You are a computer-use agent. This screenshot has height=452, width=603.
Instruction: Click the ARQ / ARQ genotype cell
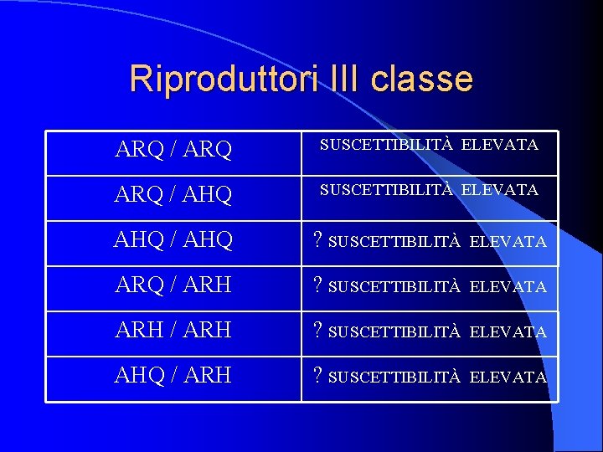[173, 152]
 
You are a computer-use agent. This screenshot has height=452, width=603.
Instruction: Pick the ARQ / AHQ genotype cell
[173, 196]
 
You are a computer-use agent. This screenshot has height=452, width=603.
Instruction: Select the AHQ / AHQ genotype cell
[173, 240]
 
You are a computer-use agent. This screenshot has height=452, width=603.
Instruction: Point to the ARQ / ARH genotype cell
[173, 285]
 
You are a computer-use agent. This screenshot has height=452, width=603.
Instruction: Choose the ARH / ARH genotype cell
[173, 331]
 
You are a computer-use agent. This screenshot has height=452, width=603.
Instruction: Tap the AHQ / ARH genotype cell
[173, 376]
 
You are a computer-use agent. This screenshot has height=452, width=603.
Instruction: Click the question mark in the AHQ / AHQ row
[318, 241]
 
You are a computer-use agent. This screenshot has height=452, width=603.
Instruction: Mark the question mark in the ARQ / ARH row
[318, 286]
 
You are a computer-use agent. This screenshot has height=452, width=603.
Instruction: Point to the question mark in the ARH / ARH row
[318, 331]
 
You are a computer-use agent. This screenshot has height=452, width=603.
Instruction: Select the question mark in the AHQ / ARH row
[318, 377]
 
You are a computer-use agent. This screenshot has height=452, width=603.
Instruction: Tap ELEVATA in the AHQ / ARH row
[508, 378]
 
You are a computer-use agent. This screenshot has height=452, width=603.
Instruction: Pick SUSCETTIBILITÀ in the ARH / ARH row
[395, 332]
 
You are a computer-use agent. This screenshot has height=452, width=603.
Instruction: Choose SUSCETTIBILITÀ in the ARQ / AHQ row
[386, 190]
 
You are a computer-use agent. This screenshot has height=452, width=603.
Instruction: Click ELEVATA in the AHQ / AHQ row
[508, 242]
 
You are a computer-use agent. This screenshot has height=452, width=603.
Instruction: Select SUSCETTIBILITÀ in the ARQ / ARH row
[395, 287]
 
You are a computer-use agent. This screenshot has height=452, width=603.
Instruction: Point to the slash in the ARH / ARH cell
[173, 331]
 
